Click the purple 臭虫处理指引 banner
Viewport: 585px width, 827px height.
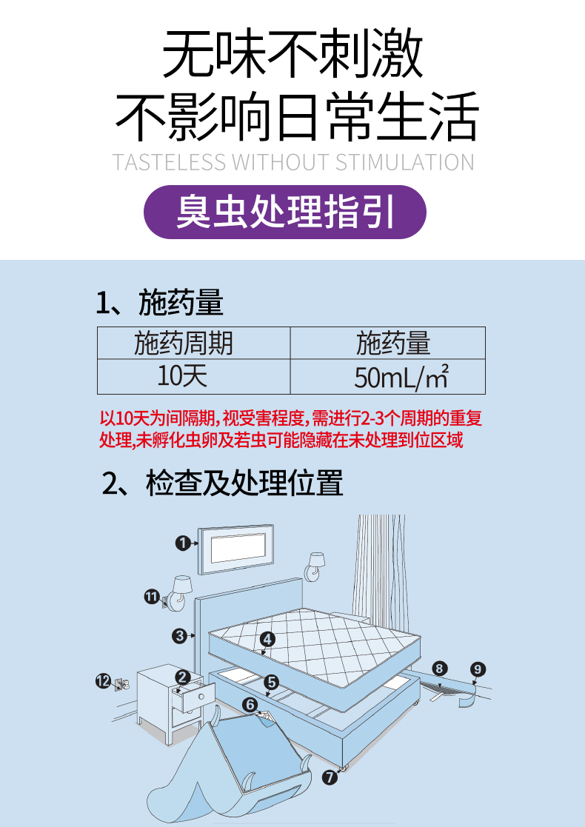(284, 212)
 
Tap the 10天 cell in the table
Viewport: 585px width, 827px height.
(182, 376)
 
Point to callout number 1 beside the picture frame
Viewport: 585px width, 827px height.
(182, 543)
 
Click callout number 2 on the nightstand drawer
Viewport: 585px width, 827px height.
(183, 676)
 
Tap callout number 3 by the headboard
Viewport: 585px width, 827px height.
(179, 635)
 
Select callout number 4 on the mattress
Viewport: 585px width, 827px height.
(267, 638)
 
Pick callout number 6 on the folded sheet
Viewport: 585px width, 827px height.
(250, 704)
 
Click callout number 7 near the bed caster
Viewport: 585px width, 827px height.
(330, 777)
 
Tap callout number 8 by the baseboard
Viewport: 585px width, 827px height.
(439, 669)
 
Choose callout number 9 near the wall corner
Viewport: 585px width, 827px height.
(478, 669)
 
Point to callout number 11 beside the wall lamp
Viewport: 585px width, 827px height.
(151, 595)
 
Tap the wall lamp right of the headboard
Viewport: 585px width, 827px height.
(316, 566)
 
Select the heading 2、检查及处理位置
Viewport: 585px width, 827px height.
(222, 483)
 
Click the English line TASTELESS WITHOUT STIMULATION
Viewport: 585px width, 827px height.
(292, 162)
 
